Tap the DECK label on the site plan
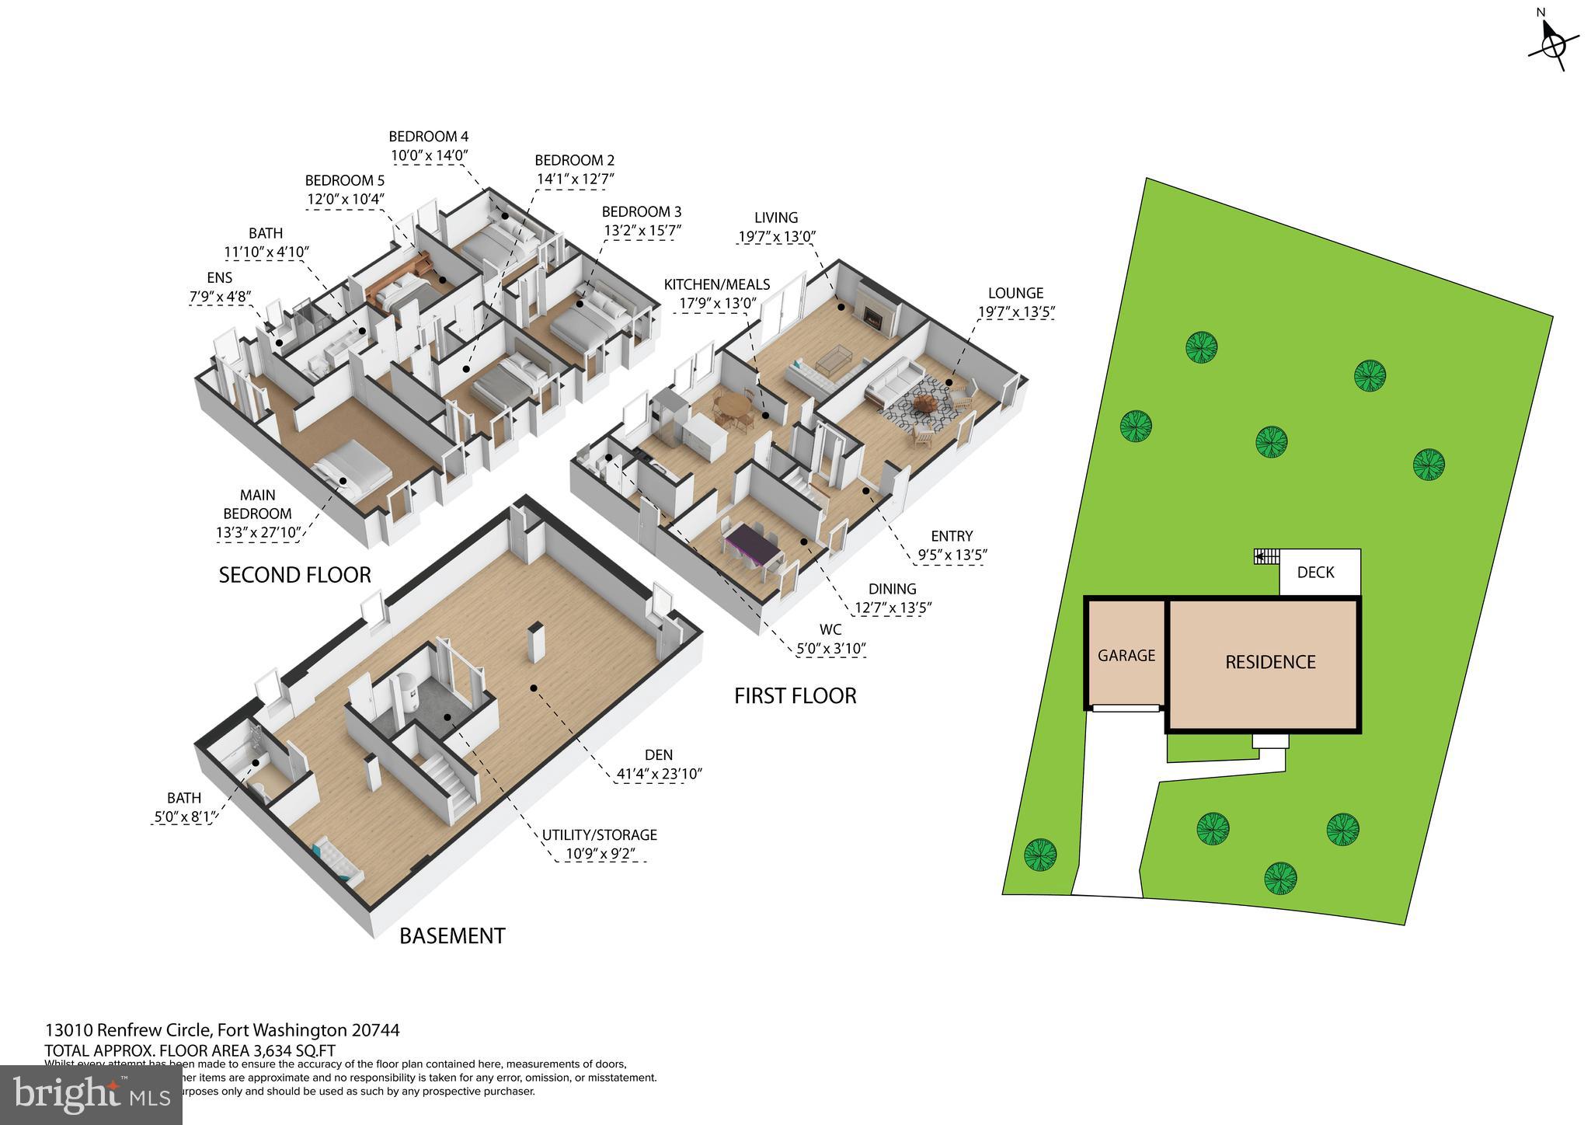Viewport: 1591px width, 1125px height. point(1315,573)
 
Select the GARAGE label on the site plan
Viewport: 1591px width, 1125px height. point(1126,656)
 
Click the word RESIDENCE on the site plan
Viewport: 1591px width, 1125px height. point(1270,662)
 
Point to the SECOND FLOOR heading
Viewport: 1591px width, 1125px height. point(294,575)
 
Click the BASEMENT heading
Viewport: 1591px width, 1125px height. point(452,936)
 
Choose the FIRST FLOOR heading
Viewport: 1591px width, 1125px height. point(795,696)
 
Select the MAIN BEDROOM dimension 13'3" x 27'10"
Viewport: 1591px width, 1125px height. point(259,532)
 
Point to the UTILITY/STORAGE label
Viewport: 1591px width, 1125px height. point(599,835)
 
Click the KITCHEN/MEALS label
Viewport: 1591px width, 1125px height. point(716,285)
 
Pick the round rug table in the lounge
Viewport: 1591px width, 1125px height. point(925,404)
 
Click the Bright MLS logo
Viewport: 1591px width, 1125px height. point(92,1095)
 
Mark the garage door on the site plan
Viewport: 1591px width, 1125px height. point(1126,708)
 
